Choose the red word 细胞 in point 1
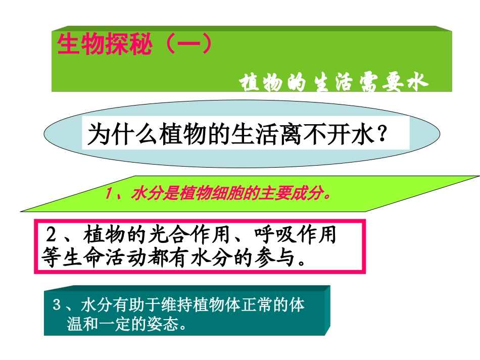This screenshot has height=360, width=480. point(230,194)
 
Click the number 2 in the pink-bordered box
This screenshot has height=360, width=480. point(51,235)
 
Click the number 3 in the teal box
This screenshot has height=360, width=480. point(57,305)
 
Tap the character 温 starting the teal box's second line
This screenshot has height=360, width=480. point(74,323)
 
